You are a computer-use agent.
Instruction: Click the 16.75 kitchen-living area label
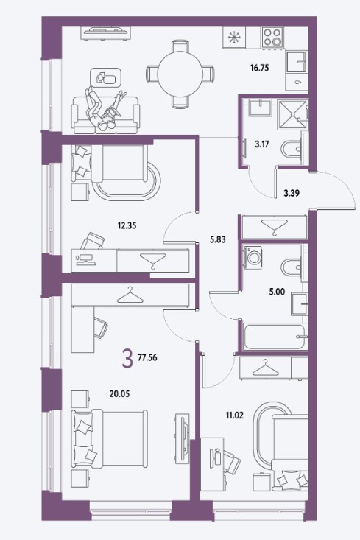coord(259,68)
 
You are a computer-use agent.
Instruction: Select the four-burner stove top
coord(272,37)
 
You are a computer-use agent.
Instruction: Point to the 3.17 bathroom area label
coord(261,144)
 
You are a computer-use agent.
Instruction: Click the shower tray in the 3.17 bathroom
coord(292,115)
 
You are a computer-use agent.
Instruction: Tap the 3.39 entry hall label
coord(292,193)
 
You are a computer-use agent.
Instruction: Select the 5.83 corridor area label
coord(217,239)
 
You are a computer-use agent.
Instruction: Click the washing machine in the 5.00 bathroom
coord(253,257)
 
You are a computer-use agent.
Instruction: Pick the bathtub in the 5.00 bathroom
coord(274,337)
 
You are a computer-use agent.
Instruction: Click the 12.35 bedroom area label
coord(127,226)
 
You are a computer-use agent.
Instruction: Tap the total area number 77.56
coord(147,357)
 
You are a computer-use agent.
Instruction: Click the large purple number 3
coord(127,358)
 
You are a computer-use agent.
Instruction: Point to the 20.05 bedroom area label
coord(119,393)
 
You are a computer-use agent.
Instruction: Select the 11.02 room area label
coord(234,415)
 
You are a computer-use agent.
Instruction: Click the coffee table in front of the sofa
coord(106,78)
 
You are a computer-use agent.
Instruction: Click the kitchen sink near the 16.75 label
coord(297,62)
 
